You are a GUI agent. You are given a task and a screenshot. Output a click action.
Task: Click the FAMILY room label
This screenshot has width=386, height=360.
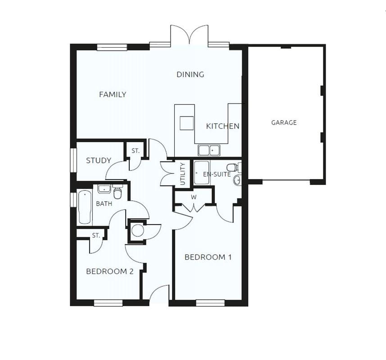click(x=113, y=94)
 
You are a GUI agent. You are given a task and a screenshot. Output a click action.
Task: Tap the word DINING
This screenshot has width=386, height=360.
click(x=190, y=74)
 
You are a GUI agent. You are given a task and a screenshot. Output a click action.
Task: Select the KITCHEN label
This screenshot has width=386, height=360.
click(x=223, y=126)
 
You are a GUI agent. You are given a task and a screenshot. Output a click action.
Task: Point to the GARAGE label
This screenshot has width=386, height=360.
click(x=284, y=122)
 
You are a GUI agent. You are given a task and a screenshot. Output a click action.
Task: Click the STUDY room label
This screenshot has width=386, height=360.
click(x=99, y=160)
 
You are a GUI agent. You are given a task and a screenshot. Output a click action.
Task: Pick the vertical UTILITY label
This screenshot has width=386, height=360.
click(x=183, y=174)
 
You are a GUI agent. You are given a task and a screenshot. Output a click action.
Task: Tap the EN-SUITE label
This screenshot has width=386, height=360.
click(x=217, y=174)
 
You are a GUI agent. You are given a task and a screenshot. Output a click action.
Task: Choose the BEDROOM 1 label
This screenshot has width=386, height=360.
click(x=208, y=257)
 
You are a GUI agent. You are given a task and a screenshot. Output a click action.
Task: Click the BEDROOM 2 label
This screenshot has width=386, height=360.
click(x=110, y=271)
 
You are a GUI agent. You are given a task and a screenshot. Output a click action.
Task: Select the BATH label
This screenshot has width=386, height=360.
click(x=104, y=204)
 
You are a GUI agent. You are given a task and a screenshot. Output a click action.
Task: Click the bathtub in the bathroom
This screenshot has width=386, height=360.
click(x=85, y=207)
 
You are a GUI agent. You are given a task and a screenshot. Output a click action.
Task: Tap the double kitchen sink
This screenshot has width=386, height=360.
click(x=208, y=150)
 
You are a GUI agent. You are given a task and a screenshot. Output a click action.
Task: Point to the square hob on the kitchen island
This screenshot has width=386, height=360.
click(x=186, y=123)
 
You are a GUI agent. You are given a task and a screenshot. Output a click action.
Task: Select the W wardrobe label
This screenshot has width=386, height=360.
click(x=194, y=197)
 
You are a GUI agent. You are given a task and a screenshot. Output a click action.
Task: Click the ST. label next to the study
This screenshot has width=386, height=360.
click(x=136, y=152)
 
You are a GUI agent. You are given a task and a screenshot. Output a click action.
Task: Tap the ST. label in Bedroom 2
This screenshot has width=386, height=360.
click(x=96, y=235)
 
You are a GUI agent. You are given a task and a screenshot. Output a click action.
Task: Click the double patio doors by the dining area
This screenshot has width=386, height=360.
click(x=189, y=36)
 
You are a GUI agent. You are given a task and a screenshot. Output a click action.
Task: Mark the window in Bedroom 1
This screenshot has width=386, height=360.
click(x=210, y=303)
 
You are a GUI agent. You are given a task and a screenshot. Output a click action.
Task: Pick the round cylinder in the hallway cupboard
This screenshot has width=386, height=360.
click(x=137, y=230)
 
